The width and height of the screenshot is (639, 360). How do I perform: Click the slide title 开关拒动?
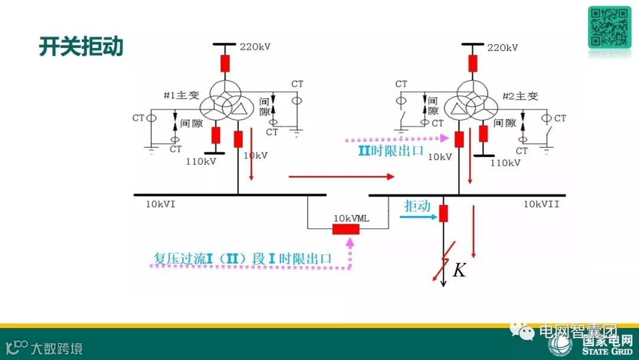coord(81,46)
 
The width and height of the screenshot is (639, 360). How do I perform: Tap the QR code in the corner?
coord(609,27)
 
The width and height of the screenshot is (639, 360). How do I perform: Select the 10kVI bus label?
coord(161,204)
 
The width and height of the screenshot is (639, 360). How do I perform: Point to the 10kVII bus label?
coord(541,204)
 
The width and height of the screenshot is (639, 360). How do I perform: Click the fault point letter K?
coord(459,271)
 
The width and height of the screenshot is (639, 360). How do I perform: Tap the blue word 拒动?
coord(417,206)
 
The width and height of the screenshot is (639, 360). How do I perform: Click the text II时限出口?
coord(391,150)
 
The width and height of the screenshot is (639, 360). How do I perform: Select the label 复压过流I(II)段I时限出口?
coord(242,259)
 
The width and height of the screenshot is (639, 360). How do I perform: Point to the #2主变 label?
coord(520,96)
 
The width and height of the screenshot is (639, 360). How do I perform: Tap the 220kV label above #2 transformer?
coord(502,47)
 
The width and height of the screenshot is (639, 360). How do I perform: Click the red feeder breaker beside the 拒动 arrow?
coord(443,213)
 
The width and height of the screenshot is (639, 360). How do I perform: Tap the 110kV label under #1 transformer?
coord(201,161)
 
